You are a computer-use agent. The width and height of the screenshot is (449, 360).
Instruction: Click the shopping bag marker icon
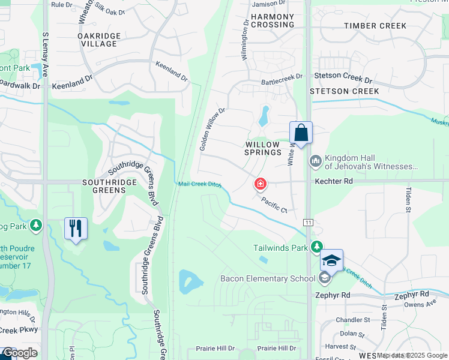pyautogui.click(x=301, y=133)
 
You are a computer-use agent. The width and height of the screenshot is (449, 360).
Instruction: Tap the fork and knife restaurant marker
pyautogui.click(x=76, y=229)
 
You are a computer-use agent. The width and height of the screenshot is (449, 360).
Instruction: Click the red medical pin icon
pyautogui.click(x=261, y=183)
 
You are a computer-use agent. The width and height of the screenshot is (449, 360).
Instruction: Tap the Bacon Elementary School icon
pyautogui.click(x=324, y=278)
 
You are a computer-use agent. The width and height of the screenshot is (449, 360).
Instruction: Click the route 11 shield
pyautogui.click(x=308, y=223)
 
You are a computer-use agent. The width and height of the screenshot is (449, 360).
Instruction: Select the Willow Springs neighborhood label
pyautogui.click(x=263, y=148)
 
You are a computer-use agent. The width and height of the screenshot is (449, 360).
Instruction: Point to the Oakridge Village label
pyautogui.click(x=99, y=40)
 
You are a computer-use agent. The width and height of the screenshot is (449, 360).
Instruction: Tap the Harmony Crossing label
pyautogui.click(x=273, y=20)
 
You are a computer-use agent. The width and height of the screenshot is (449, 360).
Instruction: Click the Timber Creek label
pyautogui.click(x=376, y=26)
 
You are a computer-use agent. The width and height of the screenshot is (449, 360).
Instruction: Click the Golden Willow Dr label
pyautogui.click(x=212, y=129)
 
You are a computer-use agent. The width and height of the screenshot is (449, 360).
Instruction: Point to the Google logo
pyautogui.click(x=20, y=353)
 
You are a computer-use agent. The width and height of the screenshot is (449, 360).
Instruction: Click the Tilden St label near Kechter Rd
pyautogui.click(x=408, y=199)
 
